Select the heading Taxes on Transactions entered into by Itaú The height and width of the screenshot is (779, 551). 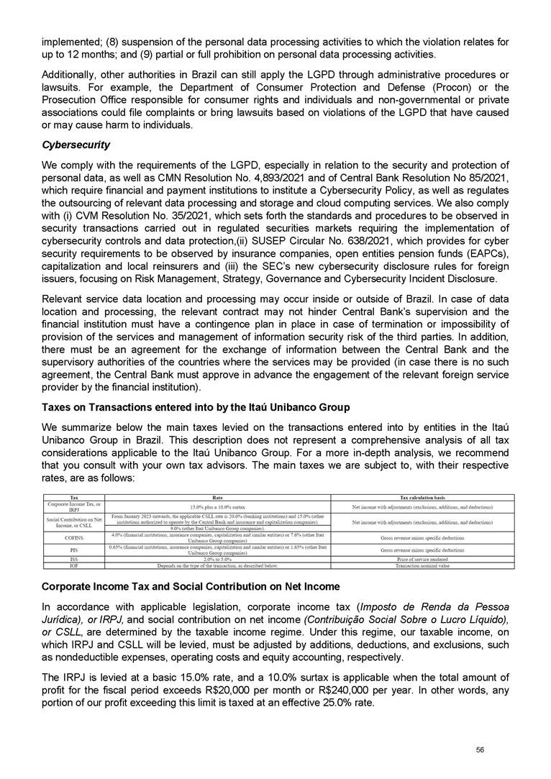196,407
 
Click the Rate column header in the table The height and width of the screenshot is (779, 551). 217,497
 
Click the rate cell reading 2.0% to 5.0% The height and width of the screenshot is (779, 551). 217,560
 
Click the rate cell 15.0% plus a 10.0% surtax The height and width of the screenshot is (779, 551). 217,507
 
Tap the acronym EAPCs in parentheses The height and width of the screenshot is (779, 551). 486,250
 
